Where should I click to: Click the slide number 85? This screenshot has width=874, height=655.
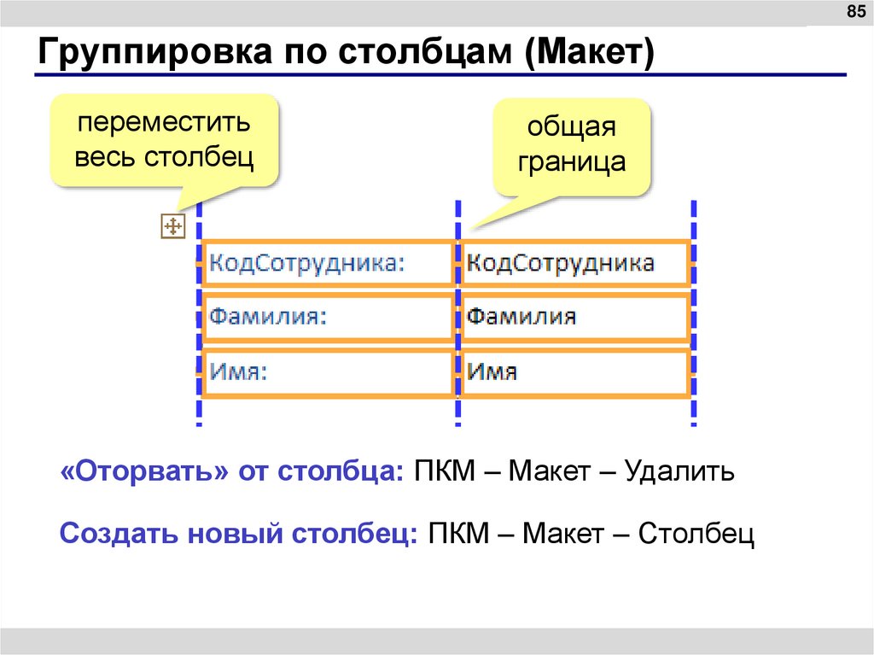coord(854,11)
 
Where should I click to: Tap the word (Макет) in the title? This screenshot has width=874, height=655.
coord(590,54)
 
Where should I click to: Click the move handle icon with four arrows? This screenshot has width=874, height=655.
coord(172,226)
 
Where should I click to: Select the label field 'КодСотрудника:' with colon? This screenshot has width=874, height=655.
coord(329,262)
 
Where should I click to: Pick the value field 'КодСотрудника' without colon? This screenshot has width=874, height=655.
coord(574,262)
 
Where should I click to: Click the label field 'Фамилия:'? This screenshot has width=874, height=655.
coord(329,317)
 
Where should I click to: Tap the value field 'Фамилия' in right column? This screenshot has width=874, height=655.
coord(574,317)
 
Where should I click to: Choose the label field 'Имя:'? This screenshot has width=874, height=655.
coord(329,371)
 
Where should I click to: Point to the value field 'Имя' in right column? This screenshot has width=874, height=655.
coord(574,371)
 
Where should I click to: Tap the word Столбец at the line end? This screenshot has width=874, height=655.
coord(696,534)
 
